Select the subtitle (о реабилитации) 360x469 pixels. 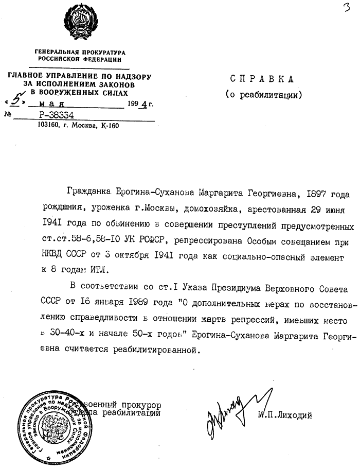(x=262, y=95)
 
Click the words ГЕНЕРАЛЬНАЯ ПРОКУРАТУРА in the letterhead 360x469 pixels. (x=79, y=52)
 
